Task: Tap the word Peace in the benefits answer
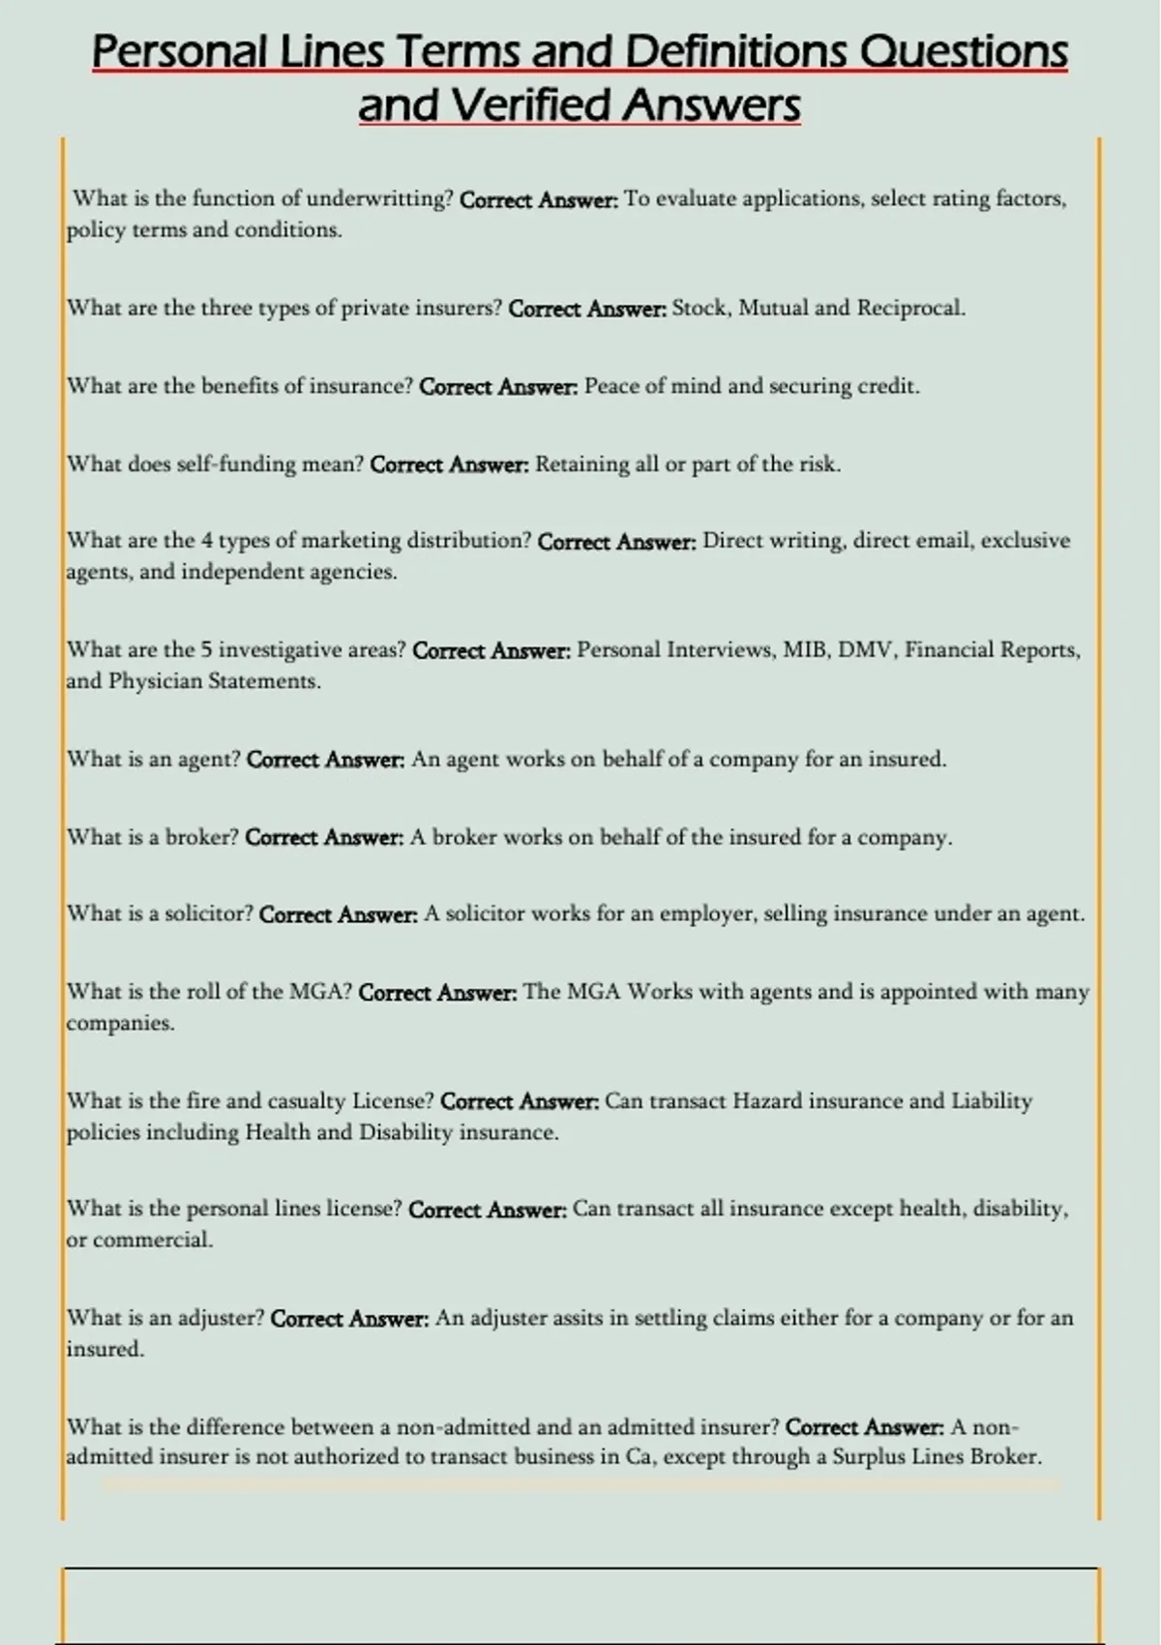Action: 610,386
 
